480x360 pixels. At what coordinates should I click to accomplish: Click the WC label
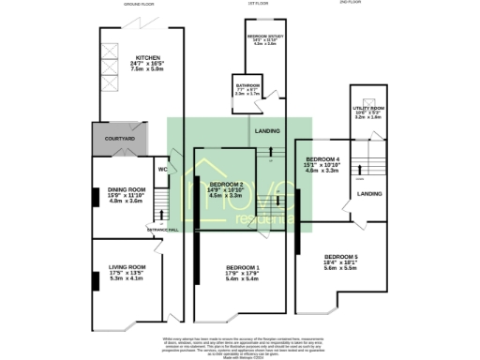point(162,169)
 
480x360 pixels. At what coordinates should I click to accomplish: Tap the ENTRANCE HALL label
point(161,229)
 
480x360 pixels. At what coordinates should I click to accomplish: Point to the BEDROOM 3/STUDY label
point(269,37)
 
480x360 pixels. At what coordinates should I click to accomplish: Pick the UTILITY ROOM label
point(368,108)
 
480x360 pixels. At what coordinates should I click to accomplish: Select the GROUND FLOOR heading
point(140,4)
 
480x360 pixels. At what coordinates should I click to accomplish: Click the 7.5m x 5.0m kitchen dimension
point(147,68)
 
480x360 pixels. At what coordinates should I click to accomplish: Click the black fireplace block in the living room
point(95,274)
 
